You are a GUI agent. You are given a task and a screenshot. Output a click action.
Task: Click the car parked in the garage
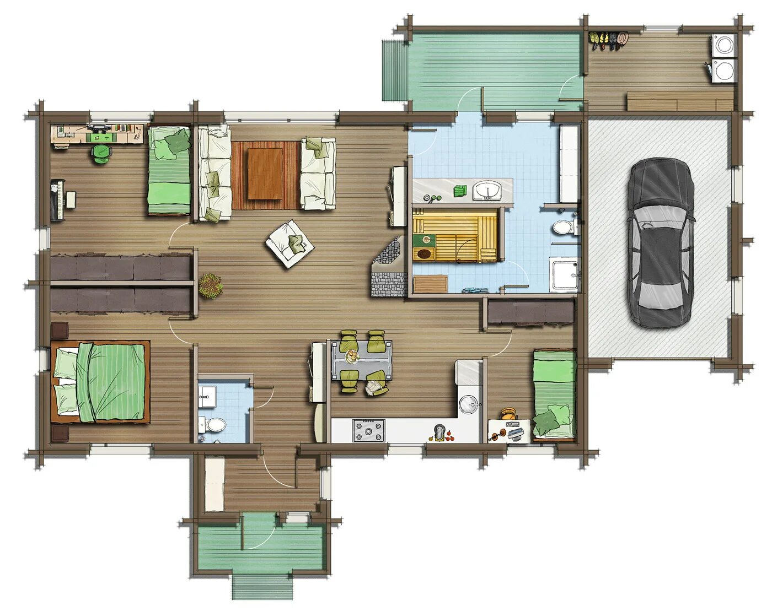(660, 242)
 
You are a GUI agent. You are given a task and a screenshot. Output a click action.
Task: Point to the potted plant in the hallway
(210, 285)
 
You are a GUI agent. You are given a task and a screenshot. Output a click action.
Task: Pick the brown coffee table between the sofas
(266, 174)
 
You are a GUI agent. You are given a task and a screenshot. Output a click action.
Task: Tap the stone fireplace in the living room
(390, 267)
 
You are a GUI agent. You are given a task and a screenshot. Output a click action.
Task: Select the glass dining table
(361, 361)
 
